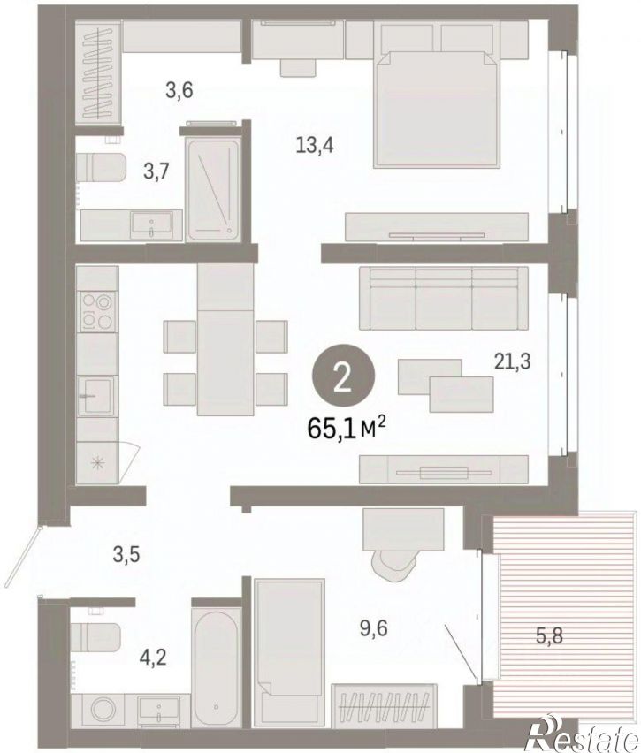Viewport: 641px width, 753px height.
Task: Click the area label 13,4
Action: [315, 144]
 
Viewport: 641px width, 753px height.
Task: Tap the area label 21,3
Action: [512, 361]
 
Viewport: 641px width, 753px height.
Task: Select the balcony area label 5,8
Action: [550, 636]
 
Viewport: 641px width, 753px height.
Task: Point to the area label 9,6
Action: [373, 627]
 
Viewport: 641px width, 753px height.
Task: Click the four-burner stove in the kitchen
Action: [98, 311]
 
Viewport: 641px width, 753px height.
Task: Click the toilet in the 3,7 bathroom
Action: [101, 168]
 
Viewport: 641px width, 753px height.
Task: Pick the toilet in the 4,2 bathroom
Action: [95, 637]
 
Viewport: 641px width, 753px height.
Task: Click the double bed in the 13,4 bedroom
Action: [436, 109]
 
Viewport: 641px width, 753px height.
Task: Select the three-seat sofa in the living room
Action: [444, 299]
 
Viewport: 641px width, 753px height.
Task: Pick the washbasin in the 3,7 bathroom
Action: [151, 225]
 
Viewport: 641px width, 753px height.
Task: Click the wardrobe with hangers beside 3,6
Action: [98, 73]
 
